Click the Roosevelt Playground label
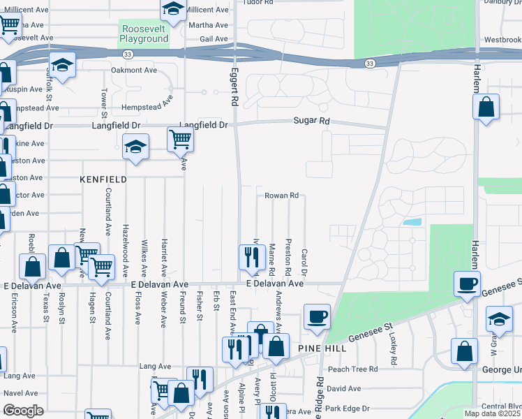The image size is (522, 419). click(144, 34)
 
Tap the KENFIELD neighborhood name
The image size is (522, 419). click(103, 179)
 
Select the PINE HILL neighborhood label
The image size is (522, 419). click(318, 348)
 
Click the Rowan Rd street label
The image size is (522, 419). click(281, 196)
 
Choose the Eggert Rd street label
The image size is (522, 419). click(234, 85)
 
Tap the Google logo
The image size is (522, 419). click(23, 411)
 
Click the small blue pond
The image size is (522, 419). click(412, 222)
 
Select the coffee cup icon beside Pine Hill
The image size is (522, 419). click(317, 316)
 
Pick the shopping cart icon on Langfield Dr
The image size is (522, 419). click(180, 140)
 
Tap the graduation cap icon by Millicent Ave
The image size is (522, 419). click(172, 9)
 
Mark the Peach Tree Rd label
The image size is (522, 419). click(352, 369)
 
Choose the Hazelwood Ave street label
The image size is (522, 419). click(126, 249)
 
